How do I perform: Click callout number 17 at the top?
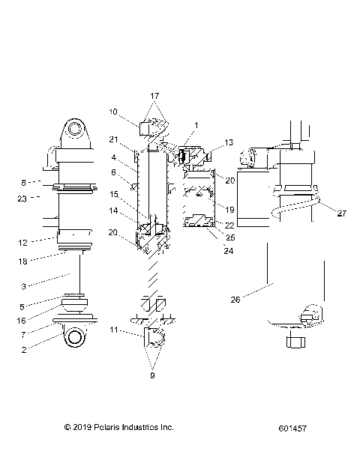[x=154, y=96]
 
